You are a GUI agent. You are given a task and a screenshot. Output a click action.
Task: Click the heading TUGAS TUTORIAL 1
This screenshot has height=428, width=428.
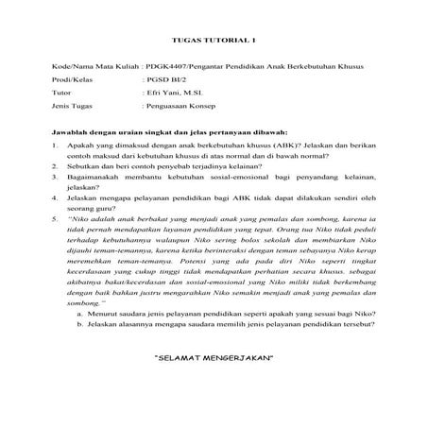[213, 40]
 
